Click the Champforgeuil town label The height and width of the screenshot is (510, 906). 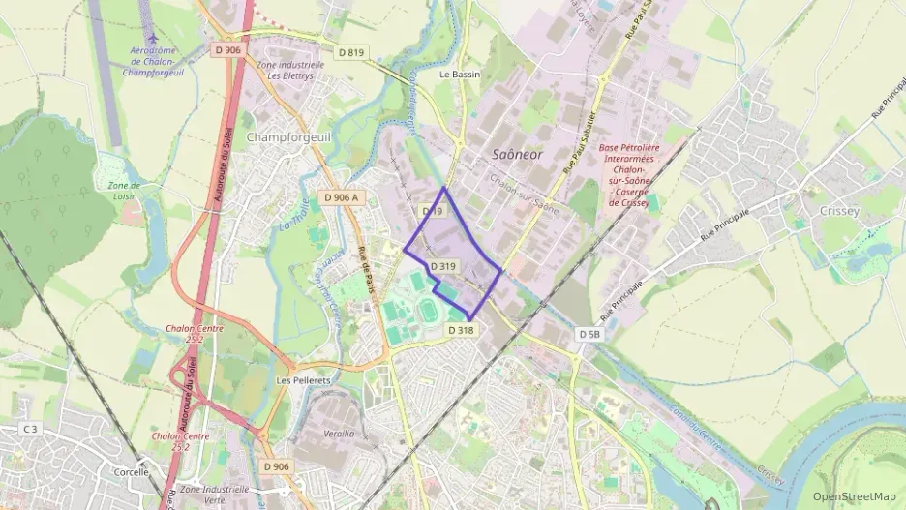pyautogui.click(x=288, y=136)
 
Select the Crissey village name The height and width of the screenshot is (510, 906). pyautogui.click(x=838, y=211)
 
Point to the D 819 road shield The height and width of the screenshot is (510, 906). pyautogui.click(x=352, y=52)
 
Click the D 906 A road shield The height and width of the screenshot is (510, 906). pyautogui.click(x=342, y=197)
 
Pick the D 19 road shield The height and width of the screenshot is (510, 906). pyautogui.click(x=432, y=211)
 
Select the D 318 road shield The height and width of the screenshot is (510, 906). pyautogui.click(x=461, y=330)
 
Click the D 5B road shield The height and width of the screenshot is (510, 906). pyautogui.click(x=590, y=334)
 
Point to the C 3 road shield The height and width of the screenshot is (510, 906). pyautogui.click(x=30, y=429)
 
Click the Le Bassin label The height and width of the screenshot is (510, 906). pyautogui.click(x=459, y=74)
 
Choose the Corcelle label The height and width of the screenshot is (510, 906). pyautogui.click(x=131, y=472)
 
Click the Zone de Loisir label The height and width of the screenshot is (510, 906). pyautogui.click(x=124, y=191)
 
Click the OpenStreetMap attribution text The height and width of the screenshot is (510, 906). pyautogui.click(x=854, y=496)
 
